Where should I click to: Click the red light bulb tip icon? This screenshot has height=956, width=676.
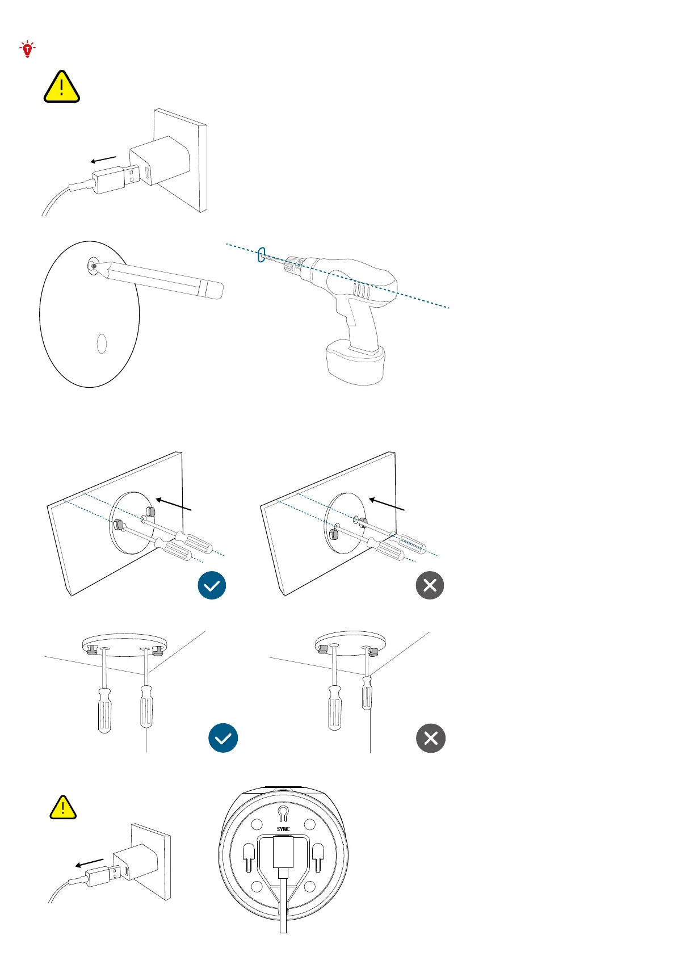pos(27,49)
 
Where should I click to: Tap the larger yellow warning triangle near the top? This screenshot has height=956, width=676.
pos(61,87)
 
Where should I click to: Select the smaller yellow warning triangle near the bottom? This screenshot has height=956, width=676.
pos(63,807)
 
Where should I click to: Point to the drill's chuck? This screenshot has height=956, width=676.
pos(294,263)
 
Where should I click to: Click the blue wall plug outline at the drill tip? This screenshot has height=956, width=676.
pos(261,254)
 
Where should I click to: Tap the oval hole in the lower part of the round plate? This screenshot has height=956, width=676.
pos(102,343)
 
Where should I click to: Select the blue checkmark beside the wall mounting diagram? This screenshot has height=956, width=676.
pos(212,585)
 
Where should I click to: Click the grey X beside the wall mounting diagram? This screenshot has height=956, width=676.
pos(430,585)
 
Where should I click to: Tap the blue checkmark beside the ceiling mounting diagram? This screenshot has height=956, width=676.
pos(223,738)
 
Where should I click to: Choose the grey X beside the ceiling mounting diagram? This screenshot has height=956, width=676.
pos(431,738)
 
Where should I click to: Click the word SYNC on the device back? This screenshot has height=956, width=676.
pos(283,829)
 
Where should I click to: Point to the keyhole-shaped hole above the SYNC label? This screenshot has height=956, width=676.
pos(283,814)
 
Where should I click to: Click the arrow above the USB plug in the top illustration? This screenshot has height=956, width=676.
pos(103,160)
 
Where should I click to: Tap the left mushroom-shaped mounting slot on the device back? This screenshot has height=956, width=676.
pos(249,856)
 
